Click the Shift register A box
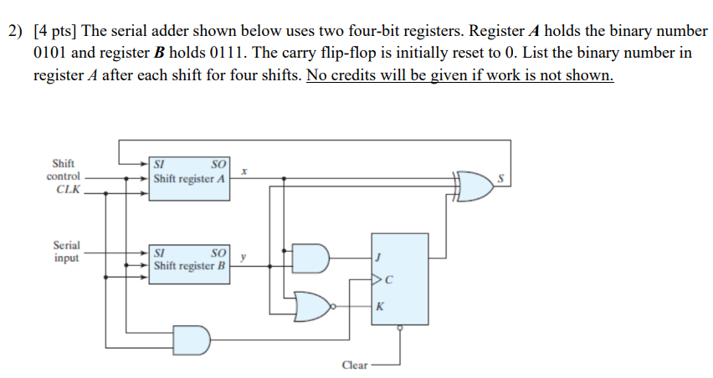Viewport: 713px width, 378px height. (x=189, y=178)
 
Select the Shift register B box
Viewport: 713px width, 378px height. (x=189, y=259)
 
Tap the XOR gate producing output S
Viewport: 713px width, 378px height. (x=476, y=186)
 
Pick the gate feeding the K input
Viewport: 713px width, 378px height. (x=314, y=307)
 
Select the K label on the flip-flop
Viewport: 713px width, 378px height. (x=379, y=307)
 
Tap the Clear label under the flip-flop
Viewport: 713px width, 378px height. (x=355, y=365)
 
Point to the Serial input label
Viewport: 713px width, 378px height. (x=66, y=252)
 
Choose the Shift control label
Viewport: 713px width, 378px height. (x=64, y=170)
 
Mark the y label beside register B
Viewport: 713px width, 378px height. (x=242, y=258)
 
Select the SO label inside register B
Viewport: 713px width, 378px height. (x=218, y=251)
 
